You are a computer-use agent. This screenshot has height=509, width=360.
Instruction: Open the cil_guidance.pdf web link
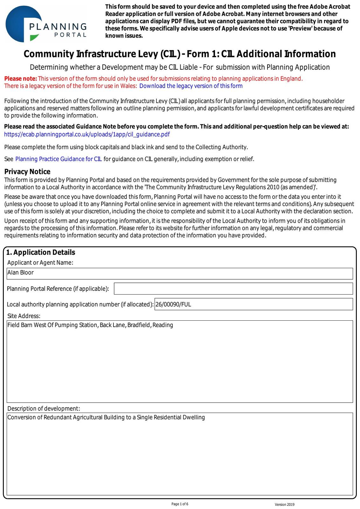87,134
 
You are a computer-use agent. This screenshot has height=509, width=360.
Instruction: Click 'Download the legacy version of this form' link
191,86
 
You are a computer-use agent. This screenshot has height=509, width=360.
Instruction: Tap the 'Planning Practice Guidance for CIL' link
59,159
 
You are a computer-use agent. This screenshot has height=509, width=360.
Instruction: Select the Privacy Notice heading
27,172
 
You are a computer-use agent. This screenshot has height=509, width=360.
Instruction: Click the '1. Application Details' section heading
41,252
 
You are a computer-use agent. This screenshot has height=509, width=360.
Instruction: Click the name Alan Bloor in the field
20,273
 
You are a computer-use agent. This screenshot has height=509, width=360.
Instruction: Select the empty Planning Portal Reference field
233,289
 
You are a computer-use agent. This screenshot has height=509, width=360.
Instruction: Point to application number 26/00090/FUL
173,304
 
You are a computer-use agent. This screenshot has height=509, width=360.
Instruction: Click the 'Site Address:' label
24,316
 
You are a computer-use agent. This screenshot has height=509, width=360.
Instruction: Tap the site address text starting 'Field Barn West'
90,325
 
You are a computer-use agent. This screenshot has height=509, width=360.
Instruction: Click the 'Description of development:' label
44,408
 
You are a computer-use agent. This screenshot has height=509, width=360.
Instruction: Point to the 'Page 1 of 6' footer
180,504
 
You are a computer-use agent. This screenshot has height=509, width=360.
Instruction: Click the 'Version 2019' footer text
285,505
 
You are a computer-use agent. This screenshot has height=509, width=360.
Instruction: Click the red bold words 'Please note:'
21,79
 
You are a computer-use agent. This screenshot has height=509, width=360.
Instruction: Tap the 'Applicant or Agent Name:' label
40,263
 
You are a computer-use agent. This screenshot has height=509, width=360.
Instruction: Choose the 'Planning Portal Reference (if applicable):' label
58,289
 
